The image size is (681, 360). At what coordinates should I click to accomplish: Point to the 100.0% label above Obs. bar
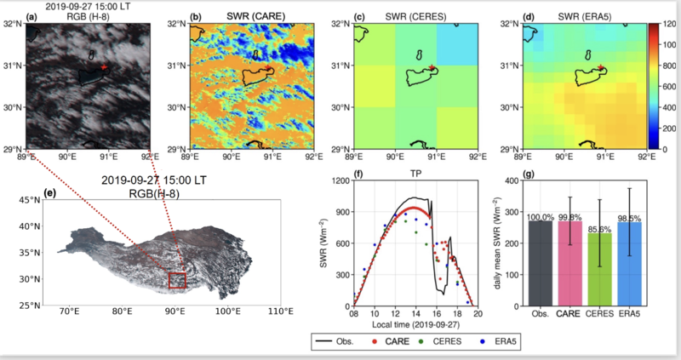(540, 218)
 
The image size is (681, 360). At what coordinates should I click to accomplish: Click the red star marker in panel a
(104, 66)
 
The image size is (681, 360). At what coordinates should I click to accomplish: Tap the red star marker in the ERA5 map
(601, 66)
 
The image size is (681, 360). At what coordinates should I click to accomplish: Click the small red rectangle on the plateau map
(177, 281)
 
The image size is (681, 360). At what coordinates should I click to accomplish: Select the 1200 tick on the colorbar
(668, 25)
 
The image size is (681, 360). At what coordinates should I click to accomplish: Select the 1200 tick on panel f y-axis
(343, 180)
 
